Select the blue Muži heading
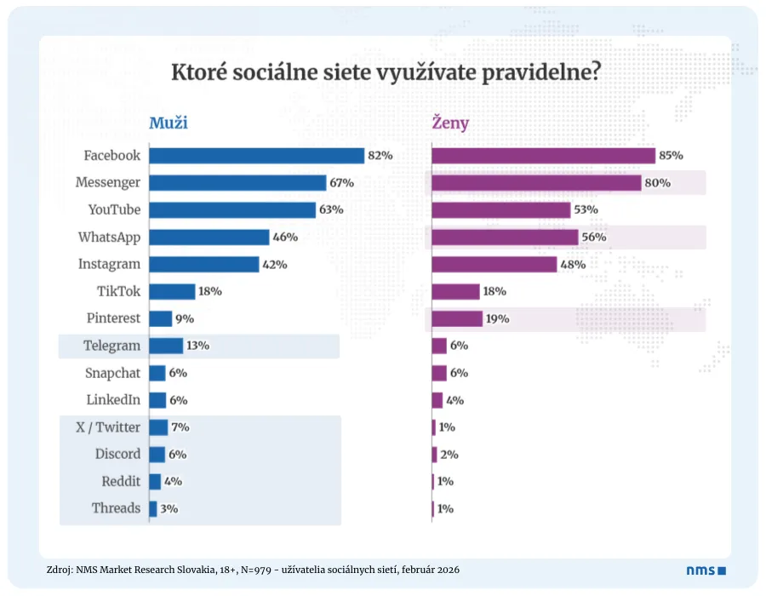click(x=169, y=123)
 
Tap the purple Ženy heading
click(x=450, y=123)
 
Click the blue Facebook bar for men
click(x=256, y=156)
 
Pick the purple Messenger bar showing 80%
click(x=536, y=183)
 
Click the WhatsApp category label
click(x=109, y=238)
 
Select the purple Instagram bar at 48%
click(x=494, y=265)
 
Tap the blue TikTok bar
click(x=172, y=291)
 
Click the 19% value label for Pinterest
click(x=498, y=319)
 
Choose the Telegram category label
click(x=111, y=346)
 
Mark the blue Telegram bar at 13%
click(x=166, y=346)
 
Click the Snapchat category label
click(x=112, y=373)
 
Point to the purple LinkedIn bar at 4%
click(x=437, y=400)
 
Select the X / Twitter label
click(x=106, y=427)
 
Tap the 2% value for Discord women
click(x=449, y=455)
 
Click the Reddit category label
click(x=121, y=481)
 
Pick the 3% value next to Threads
click(x=169, y=509)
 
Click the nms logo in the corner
click(x=706, y=570)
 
